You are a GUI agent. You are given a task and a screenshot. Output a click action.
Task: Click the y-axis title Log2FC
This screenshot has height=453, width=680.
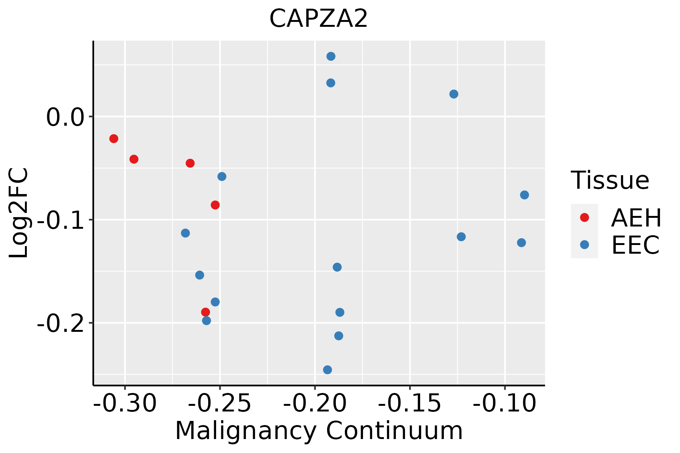(x=19, y=213)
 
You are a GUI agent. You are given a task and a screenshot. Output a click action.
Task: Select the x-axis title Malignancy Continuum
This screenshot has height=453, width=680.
(x=319, y=431)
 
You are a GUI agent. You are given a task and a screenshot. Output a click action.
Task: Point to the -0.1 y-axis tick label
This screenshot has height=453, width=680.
(x=59, y=220)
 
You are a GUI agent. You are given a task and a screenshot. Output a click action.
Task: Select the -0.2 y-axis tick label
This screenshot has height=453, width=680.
(x=59, y=324)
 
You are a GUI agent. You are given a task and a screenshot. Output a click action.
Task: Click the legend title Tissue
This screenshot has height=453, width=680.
(x=610, y=180)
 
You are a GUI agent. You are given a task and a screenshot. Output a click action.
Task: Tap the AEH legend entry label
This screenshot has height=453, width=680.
(x=636, y=218)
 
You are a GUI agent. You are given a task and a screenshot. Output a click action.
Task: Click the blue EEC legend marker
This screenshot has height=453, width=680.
(x=584, y=245)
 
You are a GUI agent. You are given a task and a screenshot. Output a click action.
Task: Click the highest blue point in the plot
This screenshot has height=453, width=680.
(x=331, y=57)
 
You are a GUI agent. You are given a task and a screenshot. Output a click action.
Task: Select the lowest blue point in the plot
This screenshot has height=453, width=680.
(x=328, y=370)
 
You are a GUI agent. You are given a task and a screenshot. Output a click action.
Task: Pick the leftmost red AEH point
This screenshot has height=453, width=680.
(x=114, y=139)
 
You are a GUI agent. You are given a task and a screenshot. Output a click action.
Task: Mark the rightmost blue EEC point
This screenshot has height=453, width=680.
(x=524, y=195)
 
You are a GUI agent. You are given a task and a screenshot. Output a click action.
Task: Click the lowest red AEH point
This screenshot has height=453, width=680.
(x=206, y=312)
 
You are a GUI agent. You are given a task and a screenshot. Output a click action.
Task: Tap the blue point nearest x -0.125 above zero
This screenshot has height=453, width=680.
(x=454, y=94)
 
